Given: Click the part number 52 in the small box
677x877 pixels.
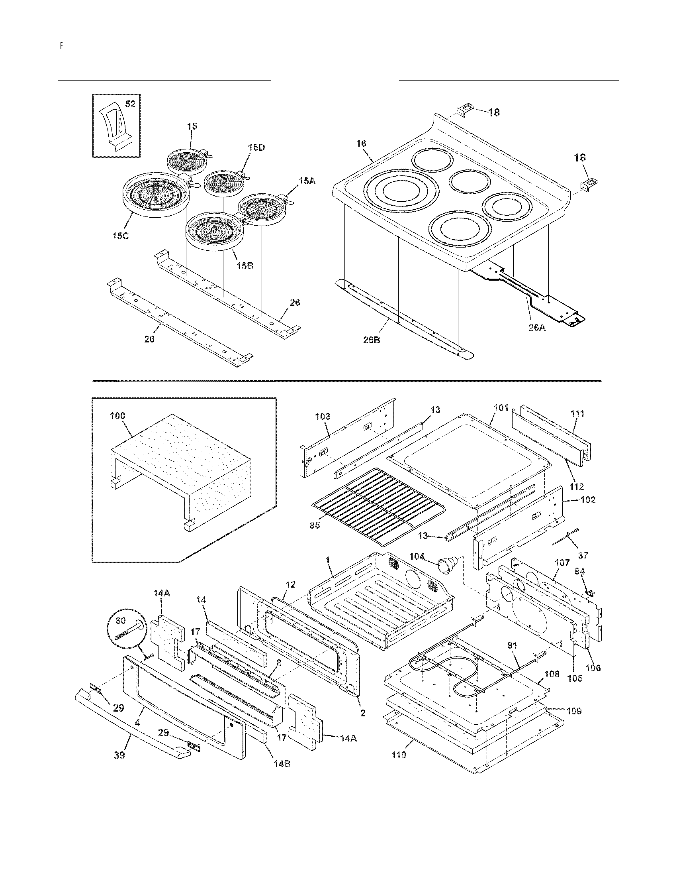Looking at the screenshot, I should (130, 104).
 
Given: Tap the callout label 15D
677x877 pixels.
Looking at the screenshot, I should (256, 147).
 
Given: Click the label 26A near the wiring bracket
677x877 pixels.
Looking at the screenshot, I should (537, 327).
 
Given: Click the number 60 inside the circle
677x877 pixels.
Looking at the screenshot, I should (120, 621).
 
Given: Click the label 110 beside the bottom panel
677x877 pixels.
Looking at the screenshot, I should (399, 755).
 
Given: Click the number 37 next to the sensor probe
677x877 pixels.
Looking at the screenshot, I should (583, 555).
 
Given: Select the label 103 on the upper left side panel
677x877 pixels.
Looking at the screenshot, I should (323, 417).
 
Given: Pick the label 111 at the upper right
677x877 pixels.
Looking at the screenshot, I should (577, 413).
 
